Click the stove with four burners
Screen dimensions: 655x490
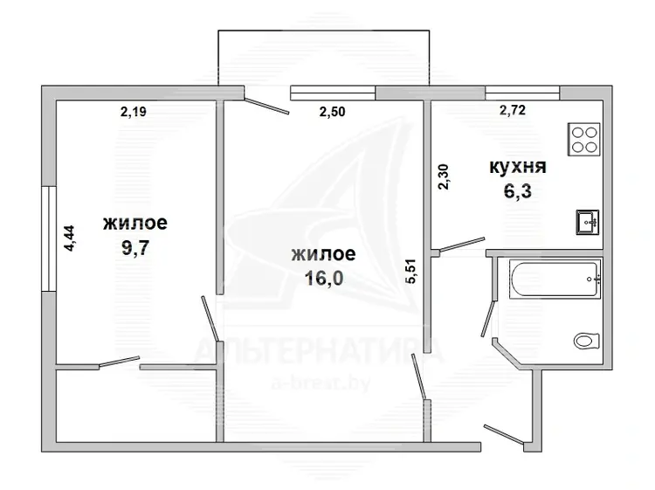(584, 140)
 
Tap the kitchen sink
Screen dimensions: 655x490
(588, 222)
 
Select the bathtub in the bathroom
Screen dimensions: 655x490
(555, 279)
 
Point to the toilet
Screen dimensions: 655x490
(587, 341)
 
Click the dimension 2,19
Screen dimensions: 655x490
(134, 112)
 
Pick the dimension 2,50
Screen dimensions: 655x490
(332, 112)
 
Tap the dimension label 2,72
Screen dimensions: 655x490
(513, 110)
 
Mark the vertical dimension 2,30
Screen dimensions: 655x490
(444, 176)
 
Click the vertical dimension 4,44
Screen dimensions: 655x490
(69, 238)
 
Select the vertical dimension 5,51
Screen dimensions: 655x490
(411, 272)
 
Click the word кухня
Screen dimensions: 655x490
(518, 167)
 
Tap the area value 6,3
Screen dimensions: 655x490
(518, 191)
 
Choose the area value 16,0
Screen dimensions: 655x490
(324, 279)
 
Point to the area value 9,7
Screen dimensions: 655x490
(135, 248)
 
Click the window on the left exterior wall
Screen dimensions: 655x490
(49, 238)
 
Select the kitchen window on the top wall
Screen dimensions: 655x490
(522, 93)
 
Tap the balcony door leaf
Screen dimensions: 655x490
(266, 106)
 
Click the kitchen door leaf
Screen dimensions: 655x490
(462, 245)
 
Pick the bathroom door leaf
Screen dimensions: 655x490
(488, 317)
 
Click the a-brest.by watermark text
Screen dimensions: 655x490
(321, 383)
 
